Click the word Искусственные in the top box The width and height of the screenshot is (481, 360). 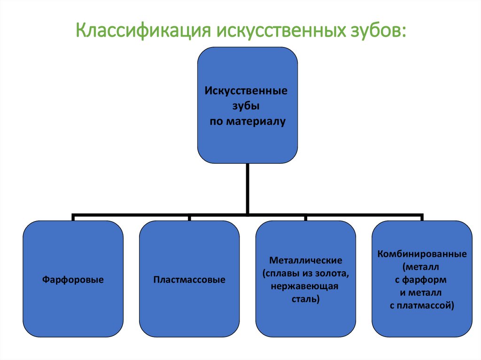(246, 90)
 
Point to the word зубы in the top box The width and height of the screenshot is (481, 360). (245, 106)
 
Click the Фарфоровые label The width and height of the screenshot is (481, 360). (73, 280)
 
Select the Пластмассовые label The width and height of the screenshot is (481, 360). (189, 280)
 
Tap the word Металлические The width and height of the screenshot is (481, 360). (305, 260)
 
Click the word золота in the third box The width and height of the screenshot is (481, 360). (332, 273)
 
